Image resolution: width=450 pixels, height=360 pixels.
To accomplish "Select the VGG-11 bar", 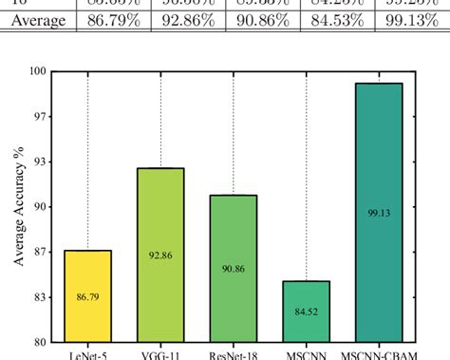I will [x=160, y=255].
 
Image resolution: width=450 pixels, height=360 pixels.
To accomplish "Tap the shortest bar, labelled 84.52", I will [x=307, y=311].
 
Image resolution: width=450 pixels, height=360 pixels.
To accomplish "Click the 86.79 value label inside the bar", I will [x=88, y=297].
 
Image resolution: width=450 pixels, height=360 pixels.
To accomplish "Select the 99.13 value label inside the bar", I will [x=379, y=214].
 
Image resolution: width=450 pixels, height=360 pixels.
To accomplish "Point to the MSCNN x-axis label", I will [x=306, y=355].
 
